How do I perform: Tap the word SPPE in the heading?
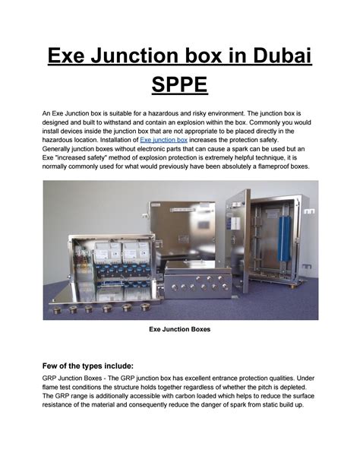point(180,84)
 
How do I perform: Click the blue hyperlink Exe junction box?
point(166,141)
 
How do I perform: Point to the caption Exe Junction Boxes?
point(179,330)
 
